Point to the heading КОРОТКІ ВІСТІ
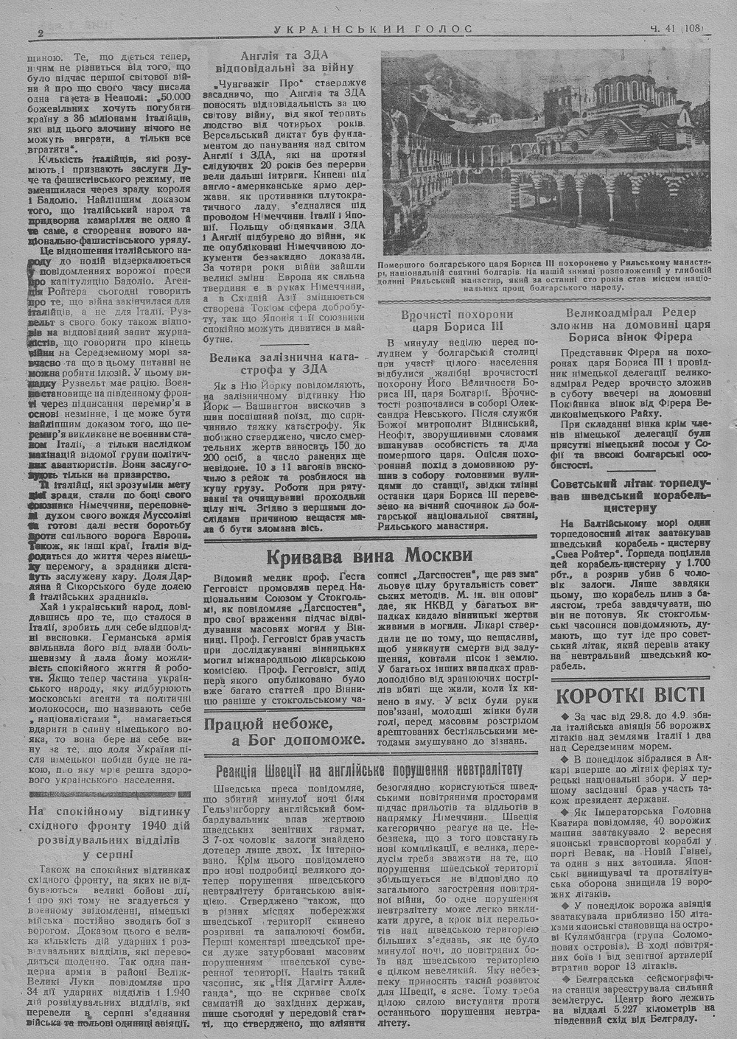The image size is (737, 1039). coord(631,695)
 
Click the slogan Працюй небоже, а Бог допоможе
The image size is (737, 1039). coord(285,731)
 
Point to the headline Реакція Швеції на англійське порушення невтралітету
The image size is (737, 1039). coord(368,772)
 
